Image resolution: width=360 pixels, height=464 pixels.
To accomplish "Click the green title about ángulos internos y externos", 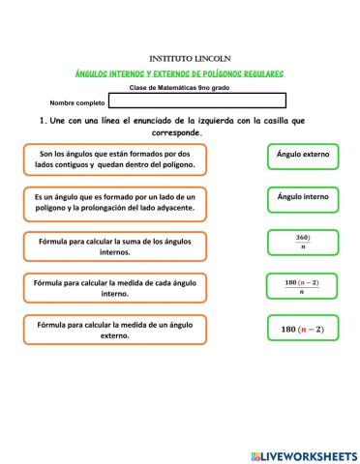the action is pos(180,74).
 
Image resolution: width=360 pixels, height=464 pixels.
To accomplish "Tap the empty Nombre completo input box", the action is pos(197,101).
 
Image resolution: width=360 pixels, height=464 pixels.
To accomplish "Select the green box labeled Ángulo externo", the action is pos(302,156).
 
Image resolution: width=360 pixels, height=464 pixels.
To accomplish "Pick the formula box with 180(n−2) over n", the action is pos(302,286).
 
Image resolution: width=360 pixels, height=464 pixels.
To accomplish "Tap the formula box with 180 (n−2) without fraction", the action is pos(302,330).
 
